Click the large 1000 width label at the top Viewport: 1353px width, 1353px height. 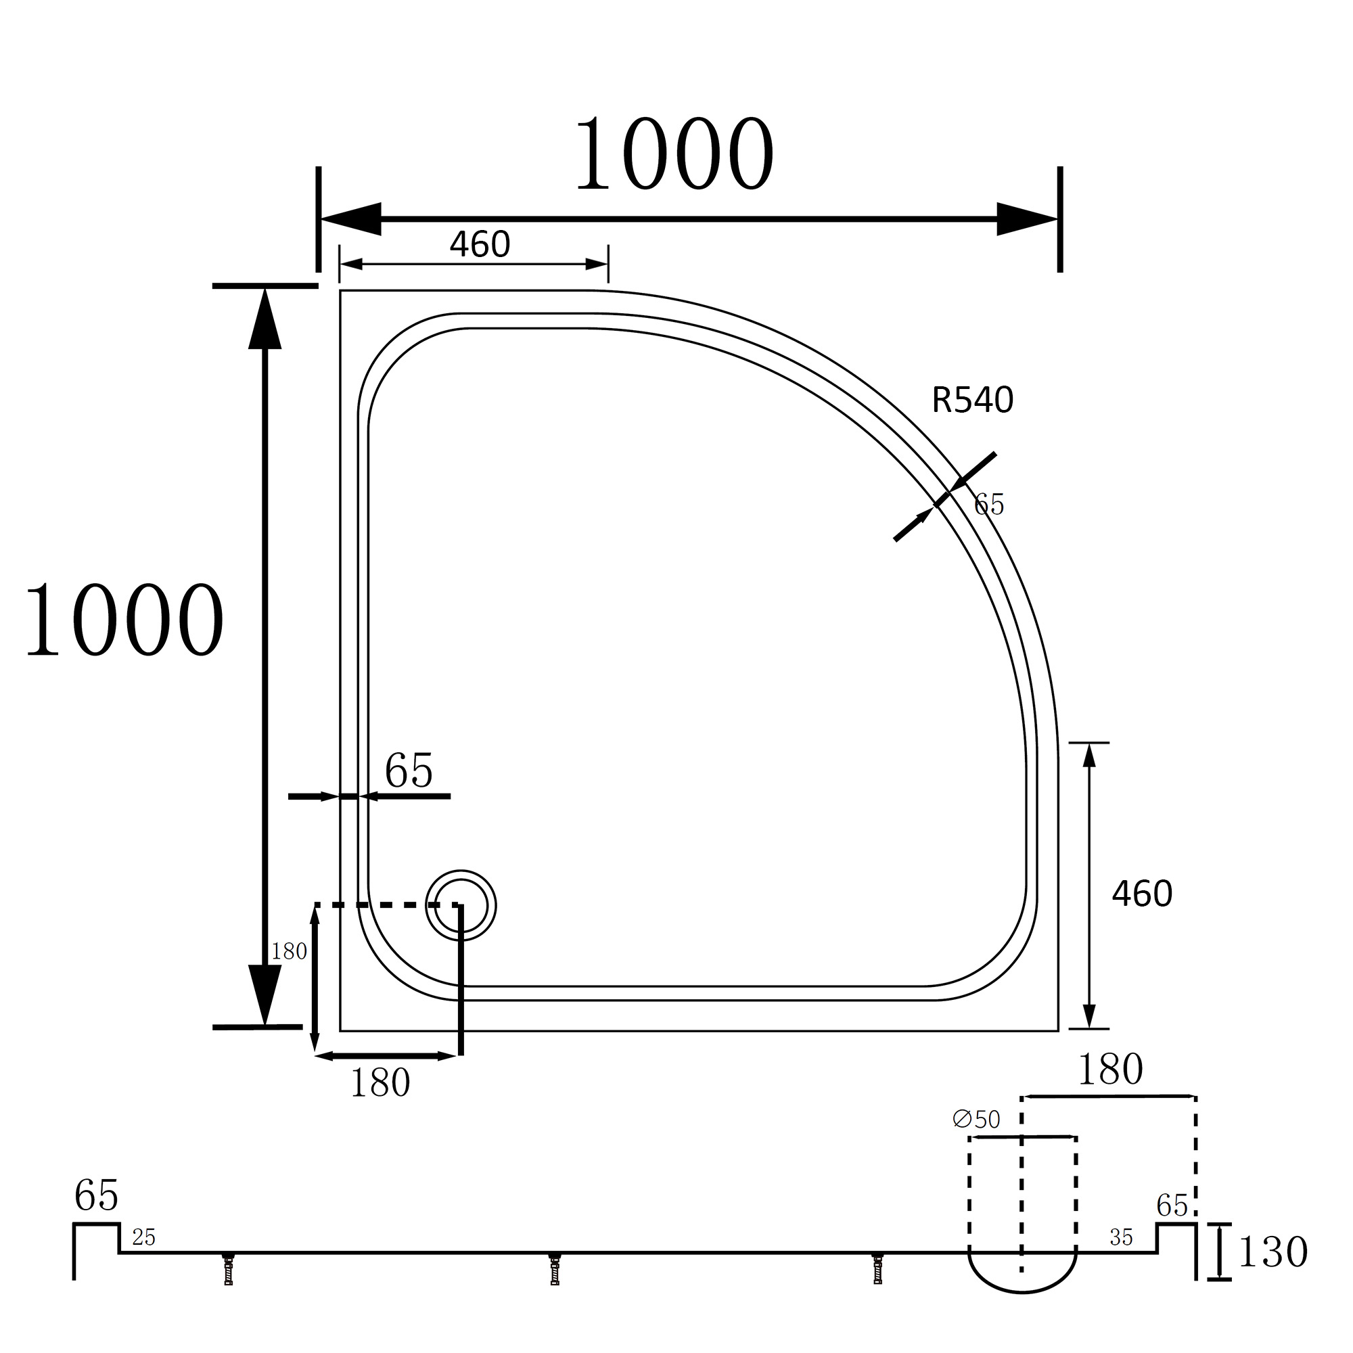(674, 154)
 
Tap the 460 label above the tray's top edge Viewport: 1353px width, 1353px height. (480, 244)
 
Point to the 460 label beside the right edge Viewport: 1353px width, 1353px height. (1141, 894)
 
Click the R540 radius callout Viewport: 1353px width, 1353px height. (973, 400)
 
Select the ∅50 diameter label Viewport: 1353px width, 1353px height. (976, 1119)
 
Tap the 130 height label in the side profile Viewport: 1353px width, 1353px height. (1272, 1252)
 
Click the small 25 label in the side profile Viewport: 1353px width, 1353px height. (143, 1237)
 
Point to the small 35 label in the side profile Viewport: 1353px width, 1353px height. (1121, 1237)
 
